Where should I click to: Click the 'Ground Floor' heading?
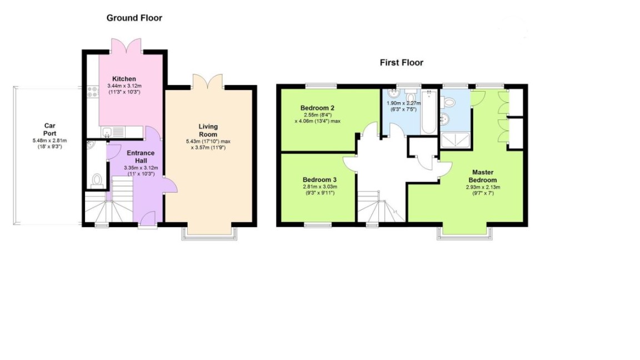134,18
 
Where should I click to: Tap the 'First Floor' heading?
401,63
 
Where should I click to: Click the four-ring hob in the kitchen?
92,92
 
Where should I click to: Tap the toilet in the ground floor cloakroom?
97,180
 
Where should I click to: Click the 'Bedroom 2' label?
318,108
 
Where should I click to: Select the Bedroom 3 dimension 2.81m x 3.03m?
319,187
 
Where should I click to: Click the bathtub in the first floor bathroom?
428,112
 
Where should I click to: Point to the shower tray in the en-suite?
455,140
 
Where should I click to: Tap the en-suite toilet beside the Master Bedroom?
449,101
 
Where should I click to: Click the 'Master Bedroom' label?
482,176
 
